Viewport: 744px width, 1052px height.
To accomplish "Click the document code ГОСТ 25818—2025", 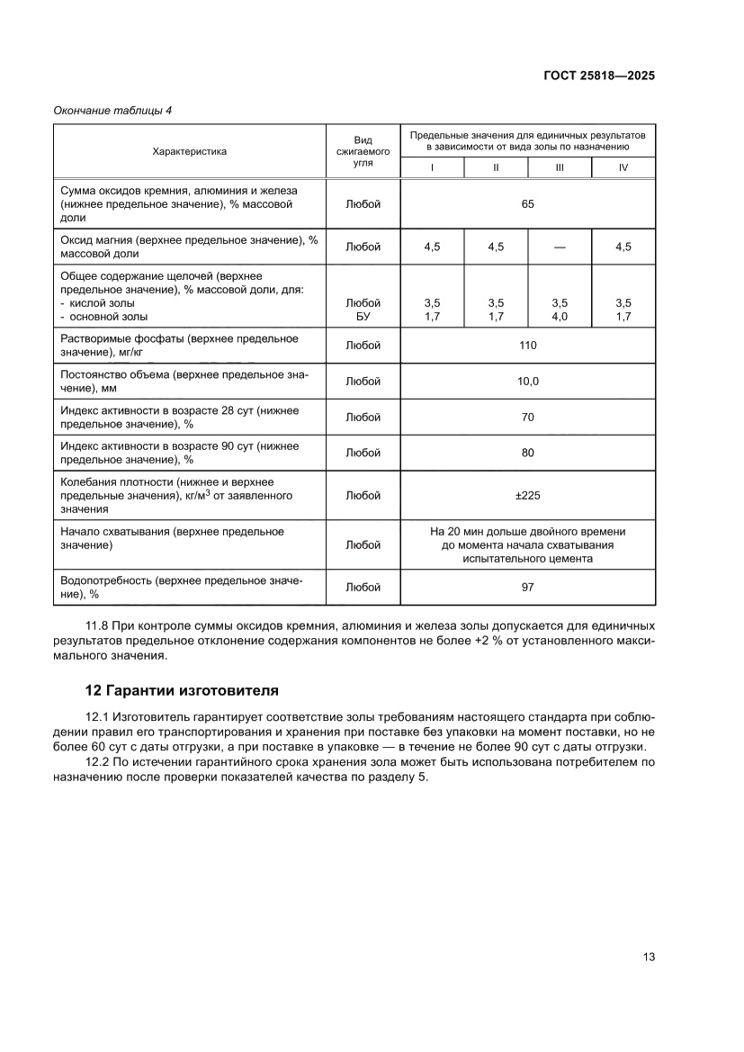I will [598, 76].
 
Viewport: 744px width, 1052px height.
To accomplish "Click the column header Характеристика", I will [189, 151].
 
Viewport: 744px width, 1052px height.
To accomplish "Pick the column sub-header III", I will [560, 167].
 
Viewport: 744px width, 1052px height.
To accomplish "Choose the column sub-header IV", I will [623, 167].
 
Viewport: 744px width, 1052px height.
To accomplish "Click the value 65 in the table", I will [527, 204].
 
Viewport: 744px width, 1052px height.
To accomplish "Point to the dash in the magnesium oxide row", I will [560, 247].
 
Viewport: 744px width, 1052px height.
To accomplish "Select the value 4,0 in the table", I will [560, 317].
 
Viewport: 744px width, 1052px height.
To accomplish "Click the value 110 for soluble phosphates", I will [527, 346].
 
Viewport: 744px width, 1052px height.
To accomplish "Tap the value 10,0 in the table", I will [527, 382].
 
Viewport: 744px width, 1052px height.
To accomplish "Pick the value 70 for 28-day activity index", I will [527, 418].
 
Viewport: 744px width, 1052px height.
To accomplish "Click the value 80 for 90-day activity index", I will [527, 453].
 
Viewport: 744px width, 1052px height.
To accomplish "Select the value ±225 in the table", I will [527, 496].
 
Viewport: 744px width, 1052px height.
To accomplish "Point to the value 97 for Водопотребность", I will [527, 588].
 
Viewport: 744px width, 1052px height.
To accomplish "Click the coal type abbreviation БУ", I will [363, 317].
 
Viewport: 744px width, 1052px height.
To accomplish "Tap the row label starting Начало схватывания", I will [171, 538].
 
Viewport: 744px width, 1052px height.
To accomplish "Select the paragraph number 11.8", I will [96, 625].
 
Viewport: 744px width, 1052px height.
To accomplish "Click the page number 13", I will [648, 957].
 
